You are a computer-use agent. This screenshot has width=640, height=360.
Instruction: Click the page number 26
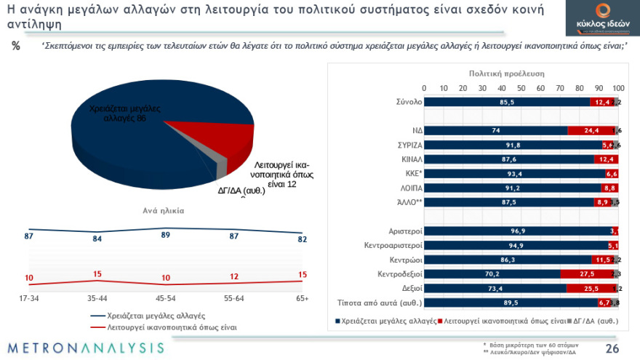click(x=612, y=348)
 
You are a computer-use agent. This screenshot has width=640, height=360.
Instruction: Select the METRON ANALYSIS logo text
click(x=87, y=348)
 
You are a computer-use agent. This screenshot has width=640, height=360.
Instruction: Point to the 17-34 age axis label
click(x=29, y=298)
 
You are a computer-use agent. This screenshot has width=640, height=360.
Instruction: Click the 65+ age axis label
click(x=302, y=298)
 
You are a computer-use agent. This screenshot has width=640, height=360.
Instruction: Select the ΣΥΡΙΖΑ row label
click(x=405, y=145)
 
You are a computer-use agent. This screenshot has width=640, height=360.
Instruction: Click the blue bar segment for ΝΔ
click(x=495, y=130)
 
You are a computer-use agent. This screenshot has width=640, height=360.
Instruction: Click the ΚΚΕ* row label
click(x=409, y=174)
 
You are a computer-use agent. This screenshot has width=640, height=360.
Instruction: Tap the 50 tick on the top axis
click(x=521, y=88)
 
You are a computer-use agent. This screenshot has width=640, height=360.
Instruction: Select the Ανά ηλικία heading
click(x=163, y=211)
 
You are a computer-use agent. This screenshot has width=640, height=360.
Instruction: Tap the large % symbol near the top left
click(x=16, y=46)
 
